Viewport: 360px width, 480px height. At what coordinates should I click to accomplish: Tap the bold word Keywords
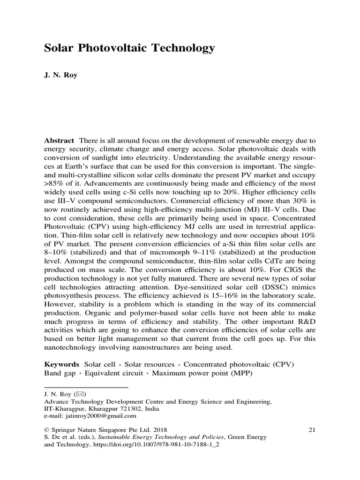pos(62,364)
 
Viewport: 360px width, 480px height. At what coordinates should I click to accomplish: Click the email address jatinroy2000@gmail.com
pos(100,415)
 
